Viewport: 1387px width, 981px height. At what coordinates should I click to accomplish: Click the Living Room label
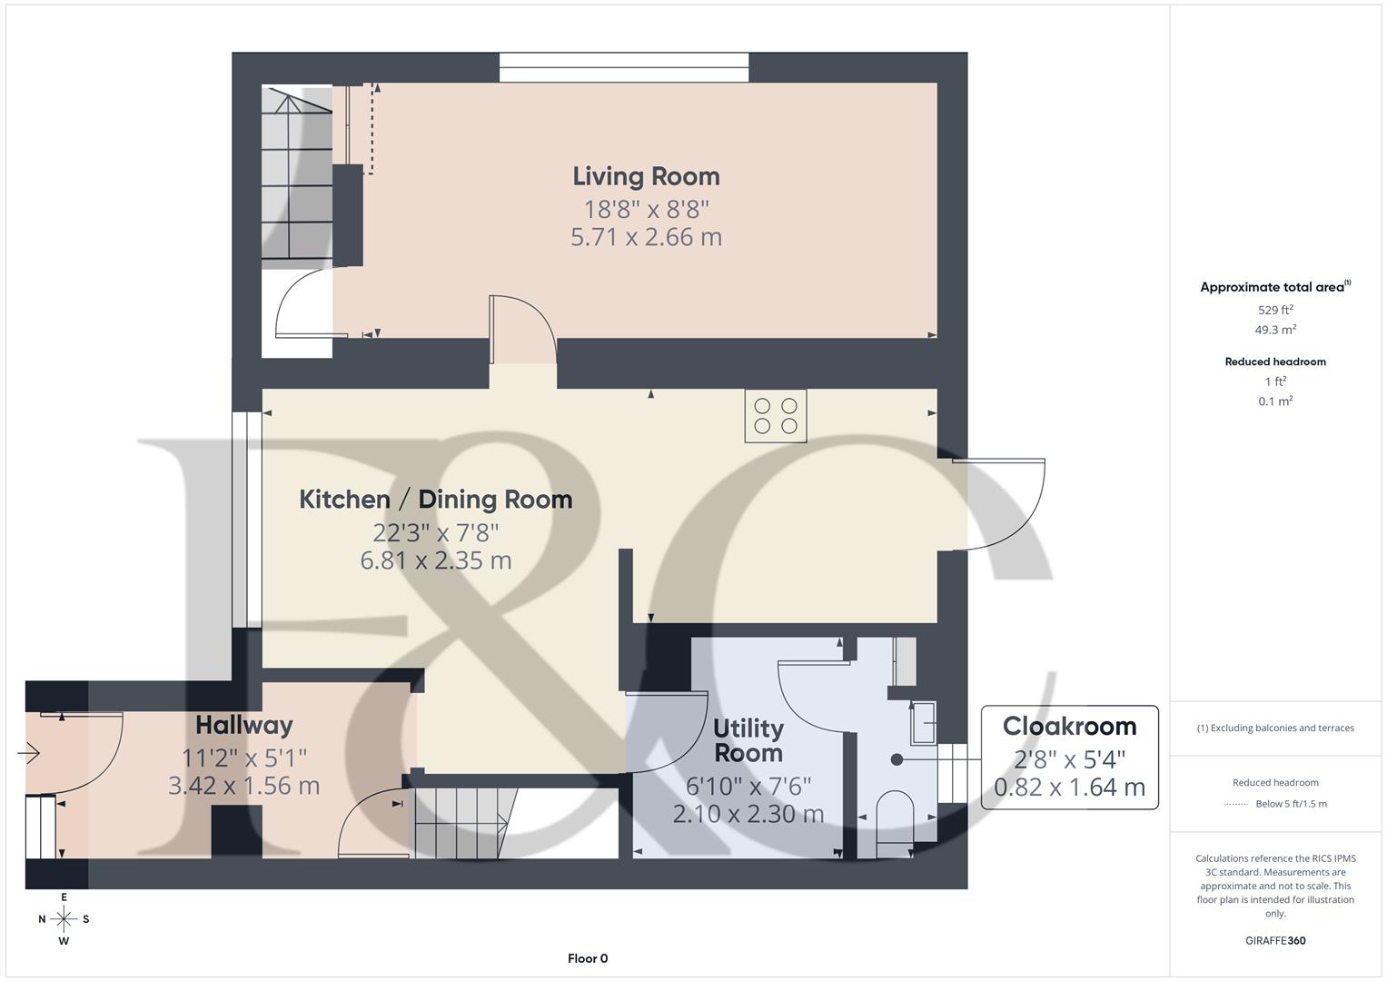pyautogui.click(x=646, y=176)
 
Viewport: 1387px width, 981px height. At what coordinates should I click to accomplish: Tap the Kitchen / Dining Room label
pyautogui.click(x=435, y=499)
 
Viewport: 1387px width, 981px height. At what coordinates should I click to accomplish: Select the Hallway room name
pyautogui.click(x=243, y=725)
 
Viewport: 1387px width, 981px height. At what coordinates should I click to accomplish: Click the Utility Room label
pyautogui.click(x=748, y=740)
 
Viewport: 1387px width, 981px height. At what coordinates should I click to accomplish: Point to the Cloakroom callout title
pyautogui.click(x=1069, y=727)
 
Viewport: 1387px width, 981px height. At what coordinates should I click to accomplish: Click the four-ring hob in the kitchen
pyautogui.click(x=776, y=416)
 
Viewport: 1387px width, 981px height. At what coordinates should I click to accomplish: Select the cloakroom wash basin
pyautogui.click(x=924, y=721)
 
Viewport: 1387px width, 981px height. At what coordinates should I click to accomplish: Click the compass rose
pyautogui.click(x=64, y=919)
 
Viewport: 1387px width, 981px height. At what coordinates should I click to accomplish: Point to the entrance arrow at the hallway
pyautogui.click(x=29, y=753)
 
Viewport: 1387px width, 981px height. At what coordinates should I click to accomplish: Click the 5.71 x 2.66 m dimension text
pyautogui.click(x=646, y=237)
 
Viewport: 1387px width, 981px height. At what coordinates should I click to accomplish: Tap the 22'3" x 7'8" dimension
pyautogui.click(x=435, y=531)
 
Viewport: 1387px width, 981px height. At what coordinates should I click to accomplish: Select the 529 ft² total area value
pyautogui.click(x=1275, y=310)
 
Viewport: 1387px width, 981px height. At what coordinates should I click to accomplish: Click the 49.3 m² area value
pyautogui.click(x=1275, y=330)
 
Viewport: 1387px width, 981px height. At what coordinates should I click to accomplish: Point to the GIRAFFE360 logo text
pyautogui.click(x=1275, y=940)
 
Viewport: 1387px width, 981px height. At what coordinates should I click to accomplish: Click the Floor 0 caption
pyautogui.click(x=588, y=958)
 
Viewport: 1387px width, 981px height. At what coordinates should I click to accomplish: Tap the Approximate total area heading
pyautogui.click(x=1273, y=287)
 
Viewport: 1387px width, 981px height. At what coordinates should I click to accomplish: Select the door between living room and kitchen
pyautogui.click(x=522, y=332)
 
